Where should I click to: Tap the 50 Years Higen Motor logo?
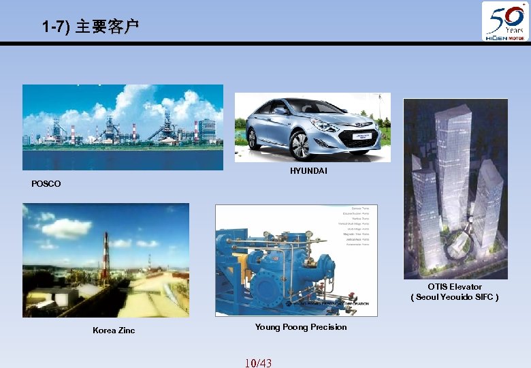(505, 21)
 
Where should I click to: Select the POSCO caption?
(46, 183)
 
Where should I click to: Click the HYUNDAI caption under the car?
(308, 170)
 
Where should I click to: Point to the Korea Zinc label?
(114, 331)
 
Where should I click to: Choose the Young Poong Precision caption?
(301, 327)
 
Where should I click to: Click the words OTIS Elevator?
(455, 287)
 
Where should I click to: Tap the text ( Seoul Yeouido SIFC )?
(455, 297)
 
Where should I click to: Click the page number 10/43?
(258, 363)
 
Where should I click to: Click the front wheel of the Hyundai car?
(300, 144)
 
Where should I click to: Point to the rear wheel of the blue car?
(253, 138)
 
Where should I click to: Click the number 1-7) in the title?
(55, 27)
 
